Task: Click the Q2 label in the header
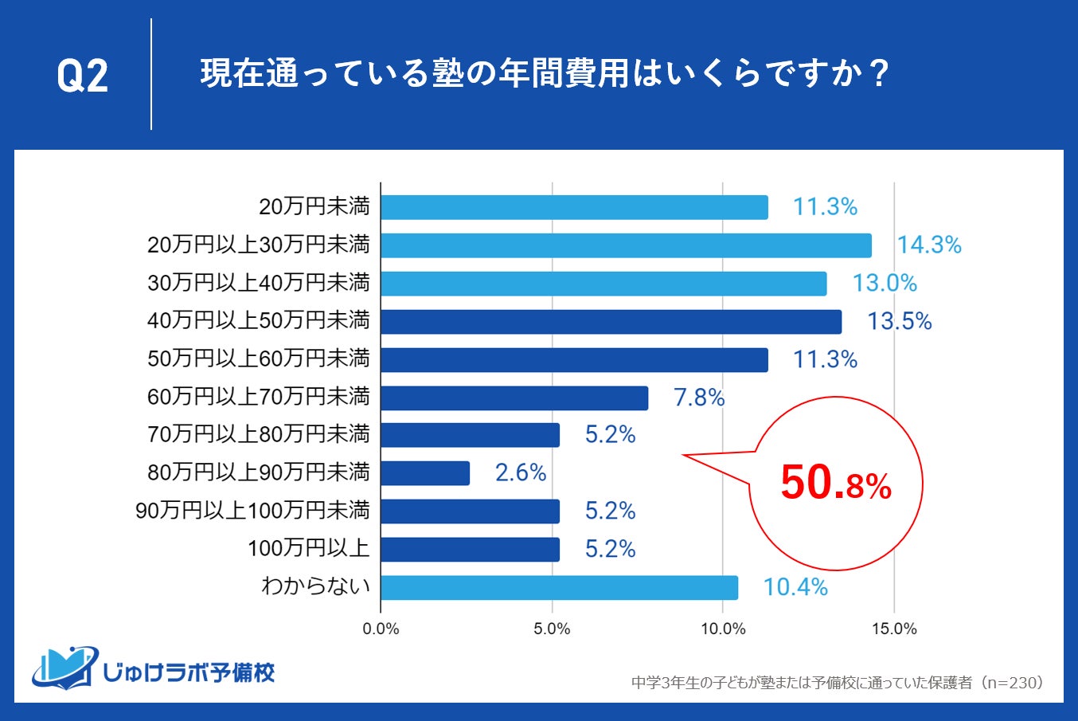pos(82,76)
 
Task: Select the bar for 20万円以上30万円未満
pos(626,245)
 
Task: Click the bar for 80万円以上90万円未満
pos(425,473)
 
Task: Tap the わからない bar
pos(559,588)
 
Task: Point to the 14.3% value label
pos(929,245)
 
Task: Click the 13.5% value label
pos(899,321)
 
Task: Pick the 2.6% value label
pos(521,473)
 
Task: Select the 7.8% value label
pos(699,398)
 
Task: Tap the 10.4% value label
pos(795,588)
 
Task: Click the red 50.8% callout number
pos(835,484)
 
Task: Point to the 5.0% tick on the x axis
pos(552,629)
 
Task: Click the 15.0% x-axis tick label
pos(894,629)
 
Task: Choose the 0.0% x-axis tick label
pos(381,629)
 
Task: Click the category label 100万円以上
pos(308,549)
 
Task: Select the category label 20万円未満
pos(314,207)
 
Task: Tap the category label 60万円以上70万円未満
pos(259,396)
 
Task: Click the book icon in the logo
pos(64,668)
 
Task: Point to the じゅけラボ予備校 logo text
pos(189,672)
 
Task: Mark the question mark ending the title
pos(880,74)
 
